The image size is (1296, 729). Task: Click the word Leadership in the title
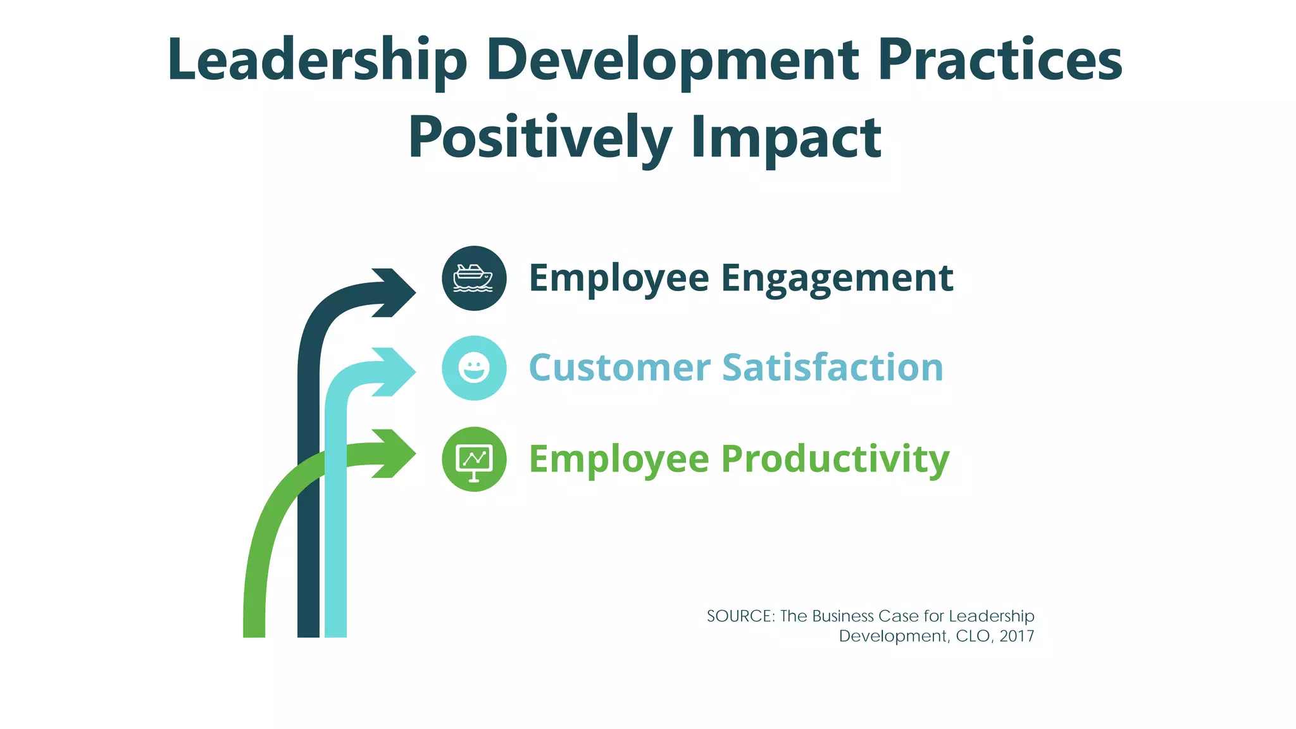coord(317,61)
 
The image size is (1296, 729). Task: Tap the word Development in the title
coord(673,61)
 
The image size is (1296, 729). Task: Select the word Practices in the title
coord(1000,60)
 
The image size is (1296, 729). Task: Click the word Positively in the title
coord(540,139)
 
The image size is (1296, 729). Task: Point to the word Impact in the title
coord(786,139)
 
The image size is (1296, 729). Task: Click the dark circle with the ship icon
coord(474,278)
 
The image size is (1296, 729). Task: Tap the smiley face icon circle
coord(474,368)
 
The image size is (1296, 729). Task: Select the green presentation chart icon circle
coord(474,459)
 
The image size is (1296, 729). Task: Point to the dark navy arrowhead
coord(396,292)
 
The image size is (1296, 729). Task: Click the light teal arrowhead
coord(396,371)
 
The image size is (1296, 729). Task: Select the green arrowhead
coord(396,453)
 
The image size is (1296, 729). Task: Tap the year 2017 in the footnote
coord(1016,636)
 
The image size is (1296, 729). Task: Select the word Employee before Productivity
coord(619,460)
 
